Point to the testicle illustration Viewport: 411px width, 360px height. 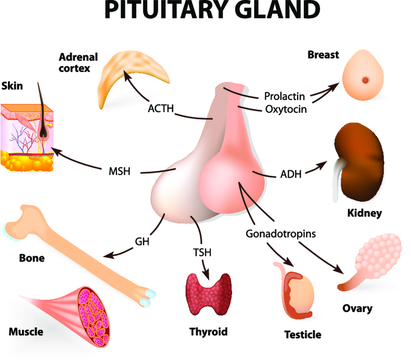click(x=299, y=291)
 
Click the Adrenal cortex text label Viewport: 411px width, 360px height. click(x=74, y=62)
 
